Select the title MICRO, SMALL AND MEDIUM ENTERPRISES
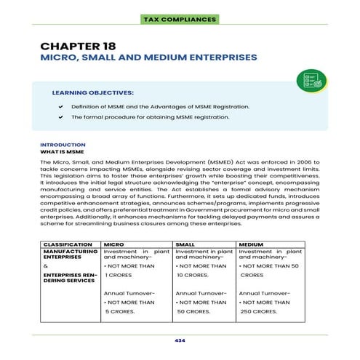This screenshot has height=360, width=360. (x=148, y=57)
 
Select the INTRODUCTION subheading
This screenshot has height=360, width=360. (x=62, y=144)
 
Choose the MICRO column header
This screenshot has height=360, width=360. (x=113, y=244)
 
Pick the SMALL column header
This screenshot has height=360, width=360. (x=185, y=244)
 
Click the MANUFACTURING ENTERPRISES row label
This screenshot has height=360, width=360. (x=70, y=254)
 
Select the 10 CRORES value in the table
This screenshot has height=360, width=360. (x=192, y=276)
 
